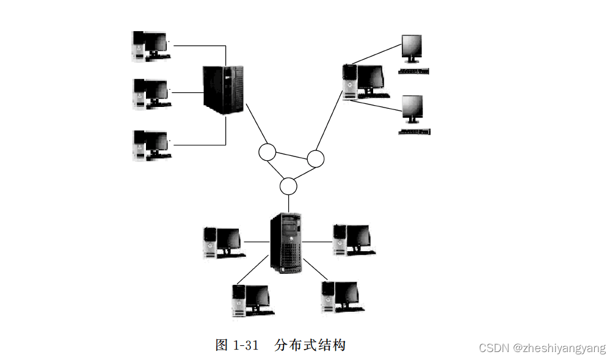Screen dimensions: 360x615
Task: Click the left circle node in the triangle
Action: click(267, 152)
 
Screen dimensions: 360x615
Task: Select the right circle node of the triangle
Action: click(315, 159)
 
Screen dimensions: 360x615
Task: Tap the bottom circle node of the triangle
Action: click(288, 185)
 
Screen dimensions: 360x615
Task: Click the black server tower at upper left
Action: click(224, 90)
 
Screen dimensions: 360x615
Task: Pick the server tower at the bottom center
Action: click(286, 243)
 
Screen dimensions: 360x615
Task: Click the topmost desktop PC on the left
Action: click(151, 46)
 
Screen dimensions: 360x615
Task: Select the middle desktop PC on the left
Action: click(151, 94)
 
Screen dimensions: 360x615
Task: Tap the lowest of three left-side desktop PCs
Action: click(151, 145)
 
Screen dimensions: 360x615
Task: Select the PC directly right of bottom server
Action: click(353, 240)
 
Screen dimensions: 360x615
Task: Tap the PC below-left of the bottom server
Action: click(250, 299)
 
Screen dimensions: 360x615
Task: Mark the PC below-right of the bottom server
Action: click(341, 296)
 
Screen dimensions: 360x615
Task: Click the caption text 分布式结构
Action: click(310, 345)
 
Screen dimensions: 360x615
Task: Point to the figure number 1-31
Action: click(246, 345)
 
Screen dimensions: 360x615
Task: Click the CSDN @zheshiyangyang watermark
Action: click(542, 348)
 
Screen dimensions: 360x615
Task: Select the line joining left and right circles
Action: click(291, 155)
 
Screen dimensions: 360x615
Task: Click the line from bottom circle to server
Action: click(288, 202)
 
